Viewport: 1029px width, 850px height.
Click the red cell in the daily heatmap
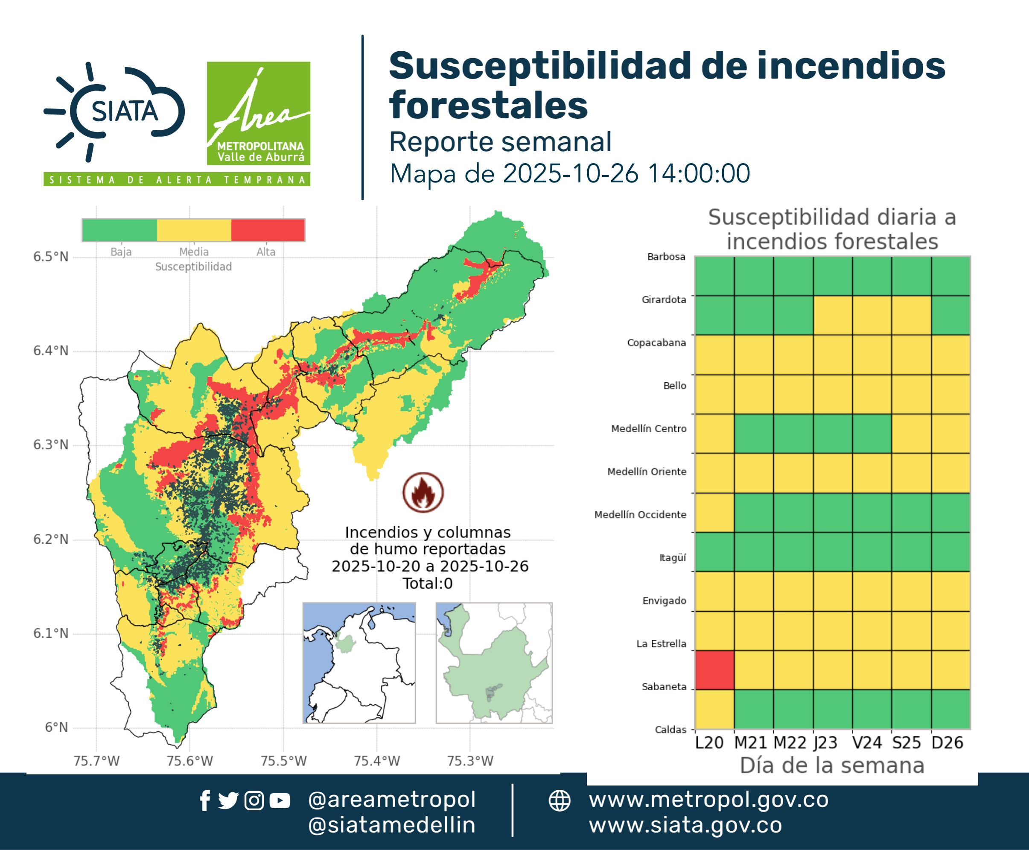pyautogui.click(x=714, y=670)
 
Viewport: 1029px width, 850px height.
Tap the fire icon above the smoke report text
pyautogui.click(x=423, y=492)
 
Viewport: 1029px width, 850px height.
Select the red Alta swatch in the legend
pyautogui.click(x=268, y=230)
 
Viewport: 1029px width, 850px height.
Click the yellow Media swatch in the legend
pyautogui.click(x=194, y=230)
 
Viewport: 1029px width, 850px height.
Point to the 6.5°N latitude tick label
pyautogui.click(x=51, y=257)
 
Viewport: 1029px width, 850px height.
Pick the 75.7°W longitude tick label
pyautogui.click(x=96, y=761)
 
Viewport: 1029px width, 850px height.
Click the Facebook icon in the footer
pyautogui.click(x=205, y=800)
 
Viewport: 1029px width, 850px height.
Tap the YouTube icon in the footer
pyautogui.click(x=280, y=800)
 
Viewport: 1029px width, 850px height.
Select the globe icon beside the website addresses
pyautogui.click(x=559, y=800)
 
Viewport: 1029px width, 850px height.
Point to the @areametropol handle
pyautogui.click(x=392, y=800)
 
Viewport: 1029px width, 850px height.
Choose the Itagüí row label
pyautogui.click(x=673, y=558)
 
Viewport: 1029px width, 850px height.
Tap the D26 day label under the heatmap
pyautogui.click(x=947, y=743)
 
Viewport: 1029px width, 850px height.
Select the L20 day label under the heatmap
pyautogui.click(x=709, y=743)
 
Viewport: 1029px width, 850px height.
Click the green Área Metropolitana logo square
pyautogui.click(x=258, y=113)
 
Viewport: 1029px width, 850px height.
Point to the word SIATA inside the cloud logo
pyautogui.click(x=125, y=111)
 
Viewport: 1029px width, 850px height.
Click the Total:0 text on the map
pyautogui.click(x=428, y=583)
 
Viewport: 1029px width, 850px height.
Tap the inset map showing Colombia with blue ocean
pyautogui.click(x=359, y=663)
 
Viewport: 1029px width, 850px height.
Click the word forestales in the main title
pyautogui.click(x=488, y=105)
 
